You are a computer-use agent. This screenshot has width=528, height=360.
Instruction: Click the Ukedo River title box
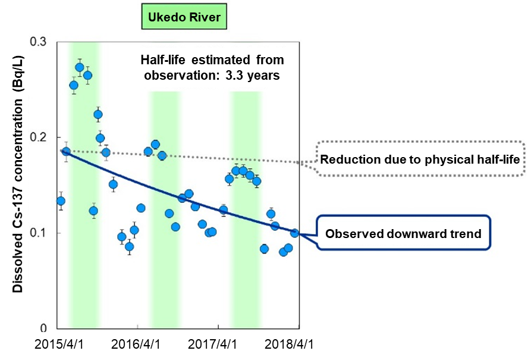pyautogui.click(x=184, y=17)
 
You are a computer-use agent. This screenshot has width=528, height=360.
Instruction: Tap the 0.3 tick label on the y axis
pyautogui.click(x=40, y=42)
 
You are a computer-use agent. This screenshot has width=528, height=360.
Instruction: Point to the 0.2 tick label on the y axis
pyautogui.click(x=40, y=137)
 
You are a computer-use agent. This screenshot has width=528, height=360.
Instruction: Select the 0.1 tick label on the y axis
pyautogui.click(x=40, y=233)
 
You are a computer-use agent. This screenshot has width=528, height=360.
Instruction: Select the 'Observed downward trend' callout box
pyautogui.click(x=403, y=234)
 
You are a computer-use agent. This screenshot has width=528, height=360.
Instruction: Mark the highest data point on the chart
pyautogui.click(x=80, y=67)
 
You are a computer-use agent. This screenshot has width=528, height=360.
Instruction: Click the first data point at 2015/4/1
pyautogui.click(x=61, y=201)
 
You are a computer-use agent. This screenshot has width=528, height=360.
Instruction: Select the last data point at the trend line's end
pyautogui.click(x=294, y=233)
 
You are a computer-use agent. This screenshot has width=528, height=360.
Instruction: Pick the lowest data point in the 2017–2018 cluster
pyautogui.click(x=283, y=252)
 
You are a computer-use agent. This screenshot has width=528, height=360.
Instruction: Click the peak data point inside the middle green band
pyautogui.click(x=155, y=144)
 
